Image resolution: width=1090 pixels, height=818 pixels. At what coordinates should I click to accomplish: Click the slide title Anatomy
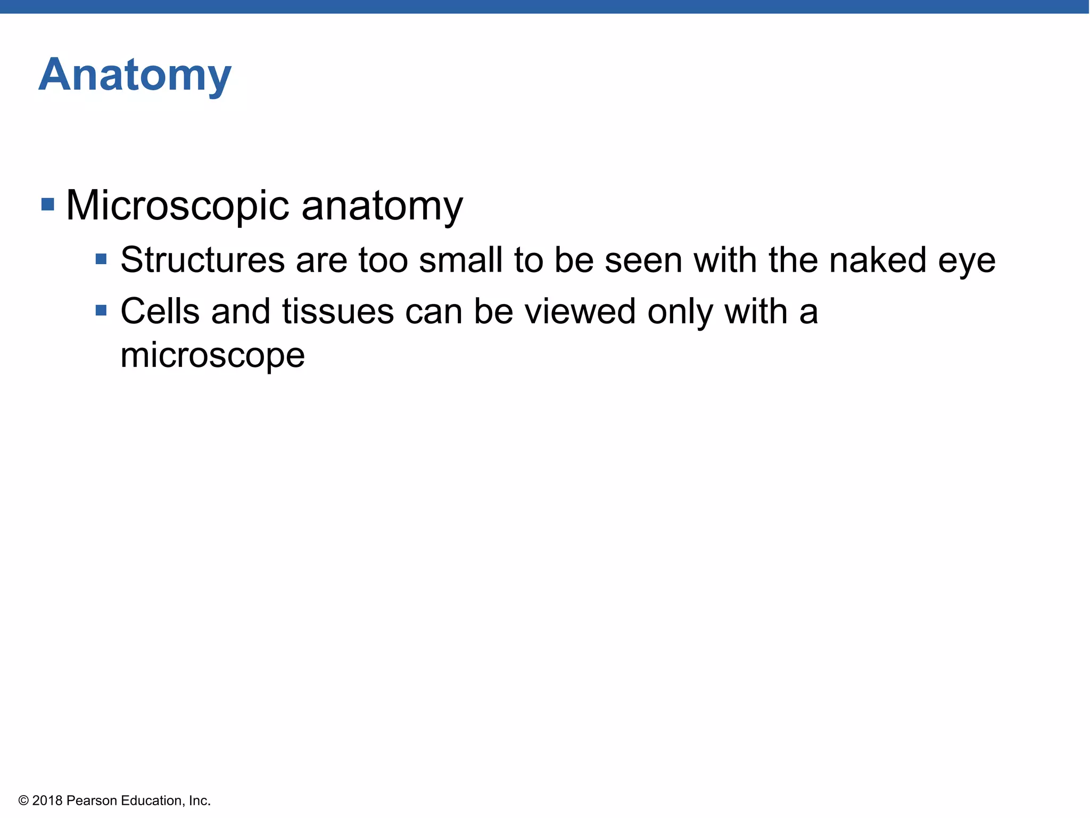coord(135,76)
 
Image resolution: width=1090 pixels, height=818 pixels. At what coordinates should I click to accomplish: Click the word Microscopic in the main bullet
coord(177,206)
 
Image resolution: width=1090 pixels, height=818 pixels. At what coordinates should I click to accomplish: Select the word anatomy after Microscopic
coord(382,206)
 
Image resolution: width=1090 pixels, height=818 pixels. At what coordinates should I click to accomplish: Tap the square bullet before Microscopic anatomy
coord(48,204)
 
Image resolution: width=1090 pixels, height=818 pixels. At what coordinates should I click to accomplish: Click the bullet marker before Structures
coord(101,259)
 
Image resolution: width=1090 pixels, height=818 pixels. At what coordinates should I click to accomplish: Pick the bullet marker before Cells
coord(101,310)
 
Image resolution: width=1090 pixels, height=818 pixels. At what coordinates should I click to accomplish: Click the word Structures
coord(203,260)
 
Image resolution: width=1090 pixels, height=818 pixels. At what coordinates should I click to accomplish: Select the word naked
coord(878,260)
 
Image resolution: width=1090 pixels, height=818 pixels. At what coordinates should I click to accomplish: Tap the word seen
coord(643,260)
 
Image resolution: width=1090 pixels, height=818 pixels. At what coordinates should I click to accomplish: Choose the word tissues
coord(338,312)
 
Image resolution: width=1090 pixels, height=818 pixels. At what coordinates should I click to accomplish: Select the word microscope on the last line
coord(212,356)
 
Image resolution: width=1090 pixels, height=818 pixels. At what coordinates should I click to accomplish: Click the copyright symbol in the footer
coord(23,801)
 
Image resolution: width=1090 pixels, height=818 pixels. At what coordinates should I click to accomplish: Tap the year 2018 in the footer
coord(47,801)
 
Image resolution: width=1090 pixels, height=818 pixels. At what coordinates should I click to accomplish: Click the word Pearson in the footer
coord(92,801)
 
